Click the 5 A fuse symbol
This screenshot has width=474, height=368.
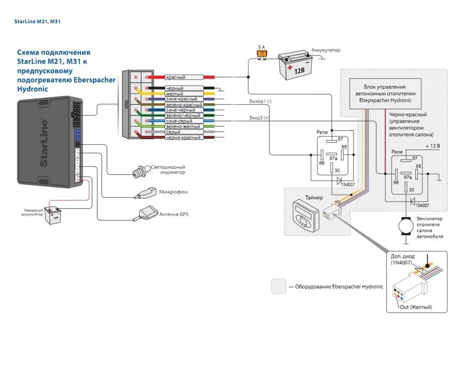(262, 55)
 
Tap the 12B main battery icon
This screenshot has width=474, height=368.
(295, 65)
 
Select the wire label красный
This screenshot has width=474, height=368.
(175, 78)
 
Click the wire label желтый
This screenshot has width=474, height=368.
(174, 94)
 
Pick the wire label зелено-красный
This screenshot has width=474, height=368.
(184, 105)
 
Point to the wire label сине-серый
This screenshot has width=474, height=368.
(179, 121)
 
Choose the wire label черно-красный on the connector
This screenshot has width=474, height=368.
(183, 137)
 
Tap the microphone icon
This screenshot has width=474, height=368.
(145, 193)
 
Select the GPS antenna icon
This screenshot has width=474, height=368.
(146, 213)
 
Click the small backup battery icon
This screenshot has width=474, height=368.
(53, 215)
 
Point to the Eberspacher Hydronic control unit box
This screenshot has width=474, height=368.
(385, 94)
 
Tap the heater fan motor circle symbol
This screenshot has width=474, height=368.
(406, 226)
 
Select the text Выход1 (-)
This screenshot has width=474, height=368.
(260, 101)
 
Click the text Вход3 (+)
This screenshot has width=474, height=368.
(259, 118)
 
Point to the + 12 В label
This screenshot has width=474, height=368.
(433, 146)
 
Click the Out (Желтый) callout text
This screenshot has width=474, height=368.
(416, 307)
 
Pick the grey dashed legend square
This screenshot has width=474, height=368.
(278, 286)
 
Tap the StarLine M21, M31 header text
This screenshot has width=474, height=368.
(37, 21)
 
